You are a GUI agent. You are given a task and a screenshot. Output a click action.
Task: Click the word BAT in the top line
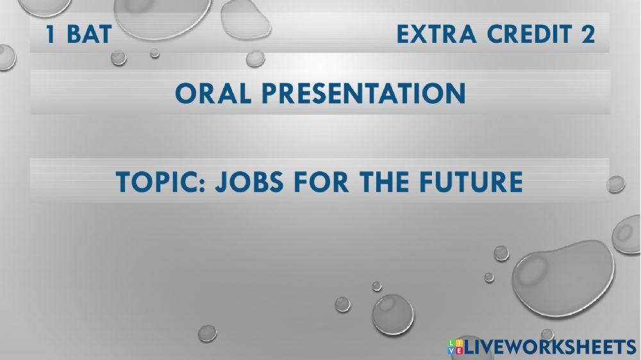point(88,35)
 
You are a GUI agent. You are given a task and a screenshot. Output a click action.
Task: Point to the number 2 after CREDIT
point(588,35)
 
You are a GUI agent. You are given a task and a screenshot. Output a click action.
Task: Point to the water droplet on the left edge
point(6,56)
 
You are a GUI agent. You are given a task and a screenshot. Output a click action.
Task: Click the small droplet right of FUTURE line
point(615,184)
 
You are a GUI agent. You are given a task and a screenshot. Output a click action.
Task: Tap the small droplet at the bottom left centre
point(207,332)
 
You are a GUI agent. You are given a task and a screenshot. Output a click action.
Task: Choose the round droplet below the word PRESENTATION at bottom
point(392,313)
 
